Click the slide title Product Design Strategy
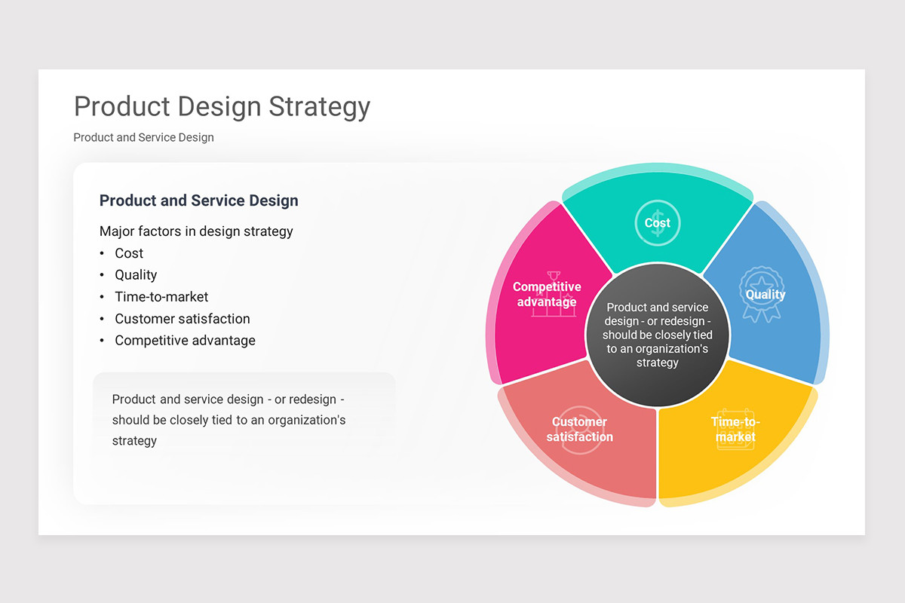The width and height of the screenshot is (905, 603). [x=222, y=106]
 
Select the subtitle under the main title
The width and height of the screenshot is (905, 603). [x=143, y=137]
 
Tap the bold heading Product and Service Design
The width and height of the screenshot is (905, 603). [x=198, y=200]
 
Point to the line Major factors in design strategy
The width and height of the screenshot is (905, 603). [x=196, y=231]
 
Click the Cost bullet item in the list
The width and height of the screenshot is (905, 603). [x=129, y=253]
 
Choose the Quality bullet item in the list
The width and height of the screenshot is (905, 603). [x=136, y=275]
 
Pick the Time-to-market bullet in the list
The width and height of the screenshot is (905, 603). [x=161, y=297]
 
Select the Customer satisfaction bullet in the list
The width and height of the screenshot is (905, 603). [x=182, y=319]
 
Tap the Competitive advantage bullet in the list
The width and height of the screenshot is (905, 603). [x=185, y=341]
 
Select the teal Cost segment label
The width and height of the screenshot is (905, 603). [x=657, y=223]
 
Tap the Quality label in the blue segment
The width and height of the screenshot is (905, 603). [x=765, y=295]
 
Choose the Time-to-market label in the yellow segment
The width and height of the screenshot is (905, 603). [x=735, y=430]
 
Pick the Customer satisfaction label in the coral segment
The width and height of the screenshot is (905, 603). [x=579, y=430]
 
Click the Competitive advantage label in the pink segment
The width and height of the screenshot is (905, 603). [x=547, y=295]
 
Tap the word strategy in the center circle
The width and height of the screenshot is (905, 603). [x=658, y=363]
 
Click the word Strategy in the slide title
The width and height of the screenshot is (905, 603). [x=319, y=106]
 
